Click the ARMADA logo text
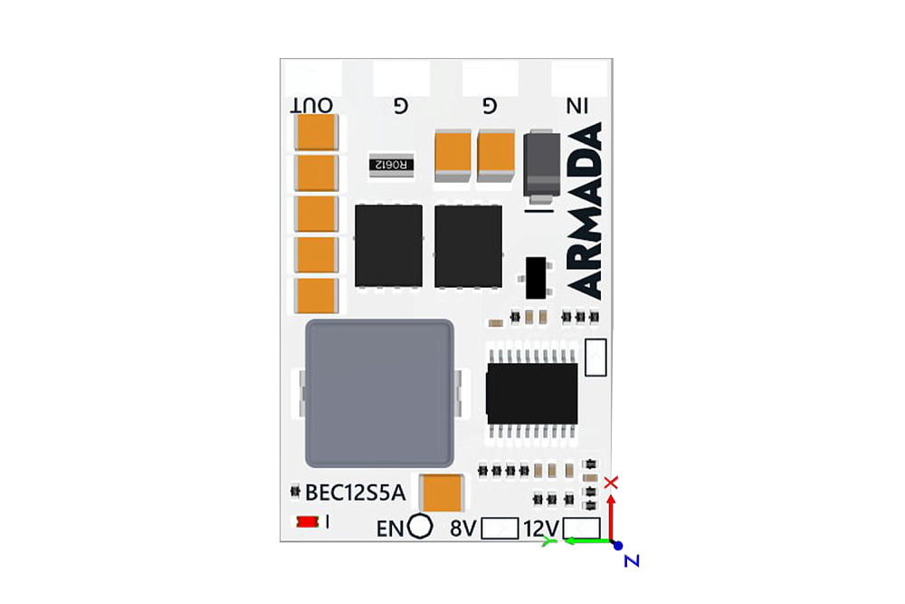[587, 213]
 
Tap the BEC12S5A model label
[356, 493]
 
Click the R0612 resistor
[392, 164]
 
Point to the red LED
[307, 522]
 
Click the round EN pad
[420, 526]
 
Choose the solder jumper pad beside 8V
[500, 528]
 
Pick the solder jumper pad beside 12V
[582, 528]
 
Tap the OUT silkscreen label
[312, 106]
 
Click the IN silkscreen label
[576, 106]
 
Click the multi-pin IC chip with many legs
[531, 393]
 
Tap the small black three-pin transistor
[538, 277]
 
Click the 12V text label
[541, 528]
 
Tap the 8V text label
[462, 528]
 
